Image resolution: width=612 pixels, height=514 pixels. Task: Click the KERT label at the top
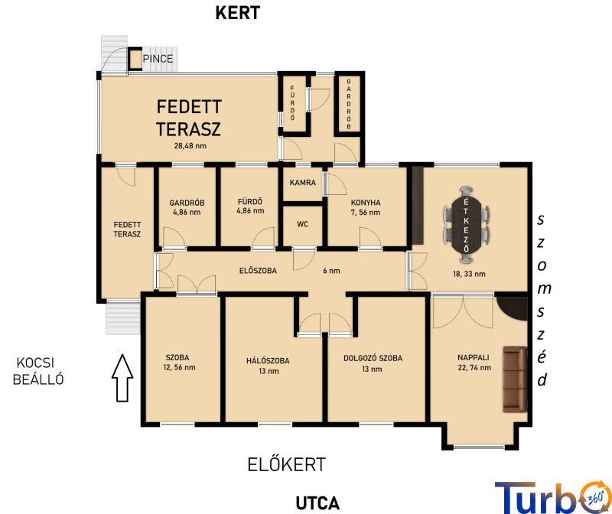click(x=238, y=13)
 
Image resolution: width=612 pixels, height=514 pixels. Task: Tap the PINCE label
click(x=158, y=59)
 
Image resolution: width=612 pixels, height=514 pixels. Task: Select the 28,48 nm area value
click(x=190, y=146)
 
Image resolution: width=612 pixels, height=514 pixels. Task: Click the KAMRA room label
click(x=302, y=182)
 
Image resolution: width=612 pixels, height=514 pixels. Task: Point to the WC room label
click(x=302, y=224)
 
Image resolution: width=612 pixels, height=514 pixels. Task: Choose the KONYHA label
click(x=366, y=203)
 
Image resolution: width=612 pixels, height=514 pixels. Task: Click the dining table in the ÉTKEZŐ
click(x=466, y=225)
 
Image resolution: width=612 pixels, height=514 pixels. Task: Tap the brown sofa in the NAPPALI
click(x=515, y=379)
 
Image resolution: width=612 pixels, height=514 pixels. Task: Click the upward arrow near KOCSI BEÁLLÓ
click(x=122, y=378)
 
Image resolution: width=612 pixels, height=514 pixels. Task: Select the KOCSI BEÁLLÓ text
click(x=37, y=371)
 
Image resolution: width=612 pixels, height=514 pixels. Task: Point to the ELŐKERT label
click(x=286, y=464)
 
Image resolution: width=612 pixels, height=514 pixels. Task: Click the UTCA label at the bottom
click(x=317, y=503)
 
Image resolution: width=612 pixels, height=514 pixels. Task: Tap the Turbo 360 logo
click(x=553, y=497)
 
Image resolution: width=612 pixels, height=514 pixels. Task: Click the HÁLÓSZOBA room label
click(x=268, y=361)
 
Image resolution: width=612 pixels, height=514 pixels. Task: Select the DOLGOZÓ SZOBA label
click(x=373, y=358)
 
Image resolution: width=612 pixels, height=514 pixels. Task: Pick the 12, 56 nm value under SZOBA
click(x=180, y=367)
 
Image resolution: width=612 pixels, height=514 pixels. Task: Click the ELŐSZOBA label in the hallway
click(x=258, y=271)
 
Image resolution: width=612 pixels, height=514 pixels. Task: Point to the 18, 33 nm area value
click(x=469, y=274)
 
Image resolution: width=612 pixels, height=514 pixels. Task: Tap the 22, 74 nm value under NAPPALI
click(x=474, y=368)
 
